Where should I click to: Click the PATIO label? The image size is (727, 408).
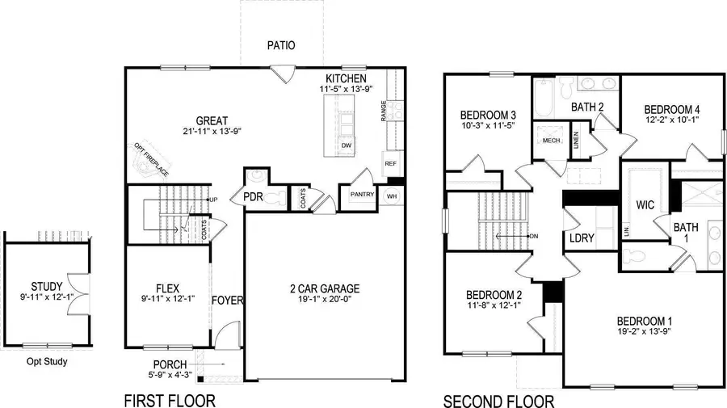tap(282, 46)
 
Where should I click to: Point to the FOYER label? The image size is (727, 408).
tap(228, 301)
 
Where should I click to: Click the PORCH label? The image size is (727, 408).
tap(168, 364)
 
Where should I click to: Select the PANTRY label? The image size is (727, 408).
tap(361, 195)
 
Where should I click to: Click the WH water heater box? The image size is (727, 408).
tap(392, 196)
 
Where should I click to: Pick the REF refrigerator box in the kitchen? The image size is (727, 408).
tap(391, 163)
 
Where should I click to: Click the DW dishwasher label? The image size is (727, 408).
tap(346, 145)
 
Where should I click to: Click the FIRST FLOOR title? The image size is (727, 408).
tap(170, 400)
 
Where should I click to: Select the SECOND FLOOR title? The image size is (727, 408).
tap(498, 400)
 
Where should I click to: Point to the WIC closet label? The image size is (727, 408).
tap(645, 204)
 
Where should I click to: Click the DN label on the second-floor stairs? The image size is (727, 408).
tap(534, 236)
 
